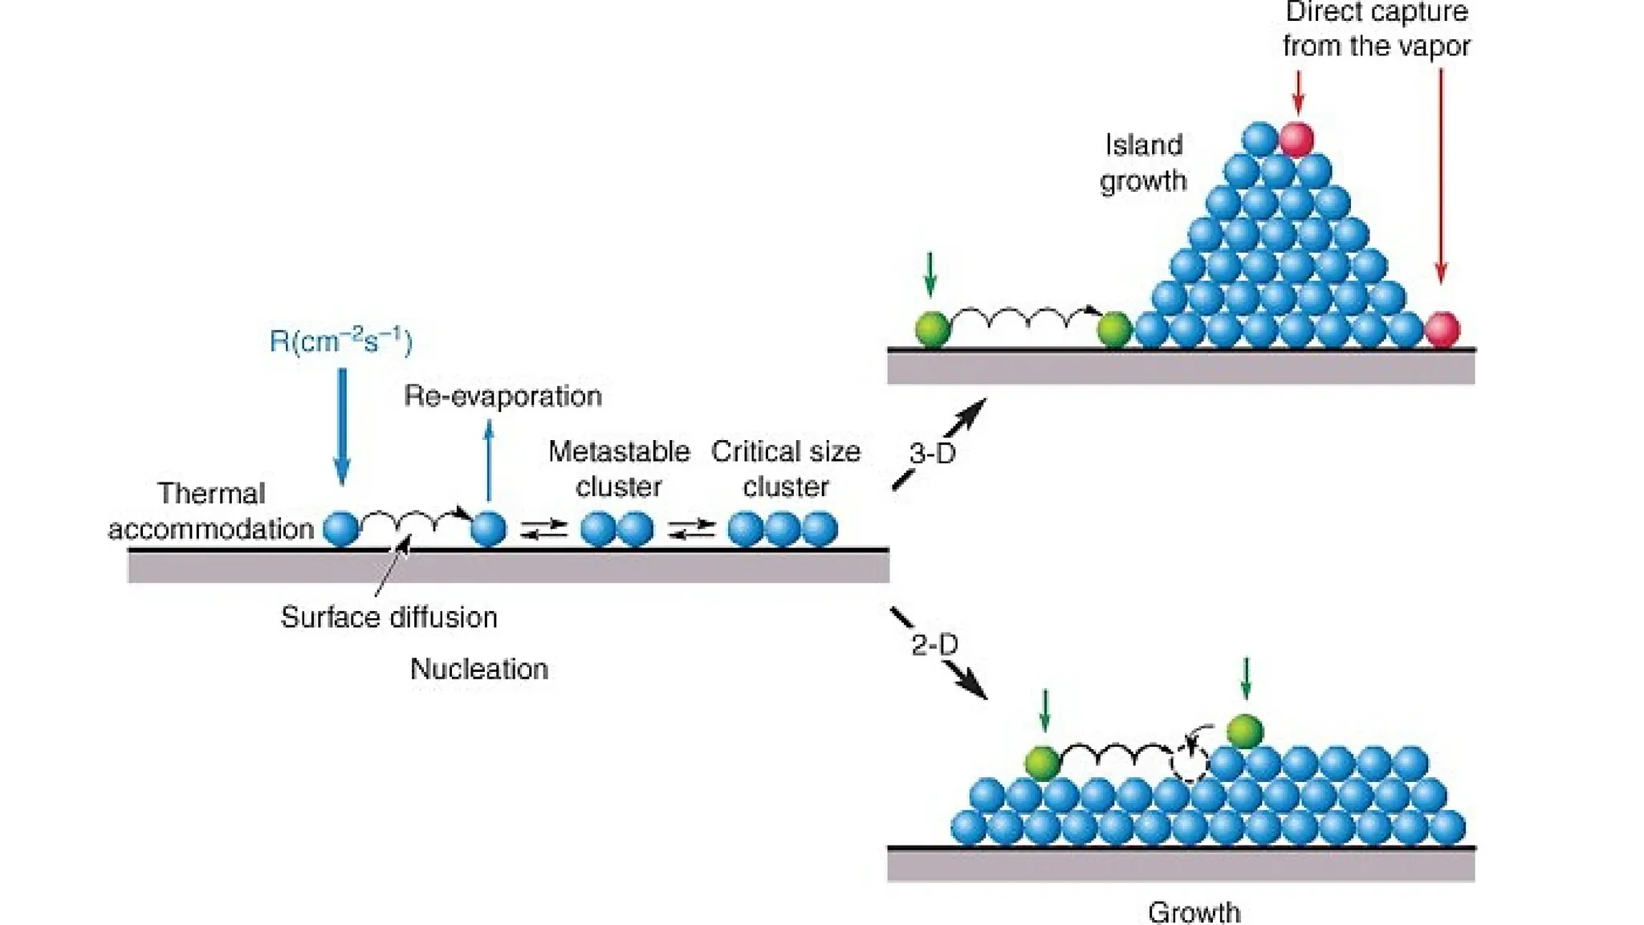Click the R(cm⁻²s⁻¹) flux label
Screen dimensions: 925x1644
[340, 341]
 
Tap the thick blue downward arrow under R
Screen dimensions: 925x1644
[342, 426]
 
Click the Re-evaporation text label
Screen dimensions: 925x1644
[503, 396]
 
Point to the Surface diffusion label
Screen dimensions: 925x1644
[389, 617]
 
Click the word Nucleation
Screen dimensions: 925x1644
[478, 669]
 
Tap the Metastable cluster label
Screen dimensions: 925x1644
[618, 469]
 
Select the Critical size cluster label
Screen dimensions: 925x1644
[785, 469]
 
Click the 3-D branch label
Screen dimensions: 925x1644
[932, 454]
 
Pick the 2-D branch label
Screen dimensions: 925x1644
[934, 645]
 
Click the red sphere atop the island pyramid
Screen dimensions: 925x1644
[1296, 139]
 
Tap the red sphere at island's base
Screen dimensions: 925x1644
[1442, 329]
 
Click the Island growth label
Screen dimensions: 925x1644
[1143, 163]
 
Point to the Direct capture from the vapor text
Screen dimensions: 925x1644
[1376, 30]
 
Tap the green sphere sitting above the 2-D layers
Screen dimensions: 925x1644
[1245, 731]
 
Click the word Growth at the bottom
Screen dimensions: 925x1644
[1194, 912]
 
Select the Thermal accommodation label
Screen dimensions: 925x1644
[211, 511]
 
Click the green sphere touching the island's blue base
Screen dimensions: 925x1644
[1114, 329]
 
